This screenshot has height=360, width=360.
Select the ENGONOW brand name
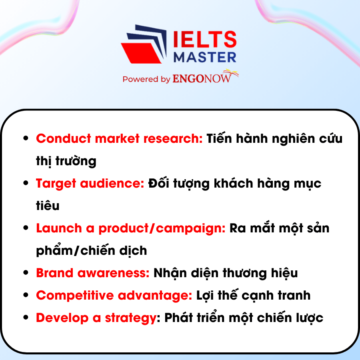(x=202, y=79)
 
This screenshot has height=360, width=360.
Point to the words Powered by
(x=146, y=79)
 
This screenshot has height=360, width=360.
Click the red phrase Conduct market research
(x=120, y=139)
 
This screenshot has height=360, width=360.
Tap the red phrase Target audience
(x=90, y=184)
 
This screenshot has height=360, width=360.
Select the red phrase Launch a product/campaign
(x=131, y=228)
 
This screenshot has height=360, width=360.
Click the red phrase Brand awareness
(x=93, y=273)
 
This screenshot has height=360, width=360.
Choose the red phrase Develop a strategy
(x=95, y=318)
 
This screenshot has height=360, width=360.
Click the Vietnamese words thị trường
(x=66, y=161)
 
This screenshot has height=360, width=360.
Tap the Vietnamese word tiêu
(x=48, y=206)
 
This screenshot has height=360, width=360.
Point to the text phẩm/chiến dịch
(x=92, y=251)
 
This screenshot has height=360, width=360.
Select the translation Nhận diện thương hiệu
(x=226, y=273)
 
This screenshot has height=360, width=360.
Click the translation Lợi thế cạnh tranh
(x=253, y=296)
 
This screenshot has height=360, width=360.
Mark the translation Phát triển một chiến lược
(x=244, y=318)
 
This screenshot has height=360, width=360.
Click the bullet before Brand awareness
(x=26, y=273)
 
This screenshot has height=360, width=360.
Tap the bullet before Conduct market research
(x=26, y=139)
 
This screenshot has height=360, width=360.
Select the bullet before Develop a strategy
(x=26, y=318)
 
